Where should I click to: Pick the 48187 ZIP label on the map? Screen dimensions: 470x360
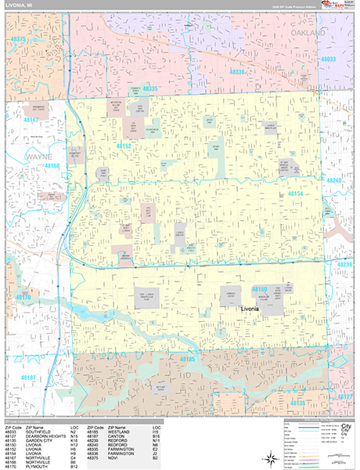[28, 378]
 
